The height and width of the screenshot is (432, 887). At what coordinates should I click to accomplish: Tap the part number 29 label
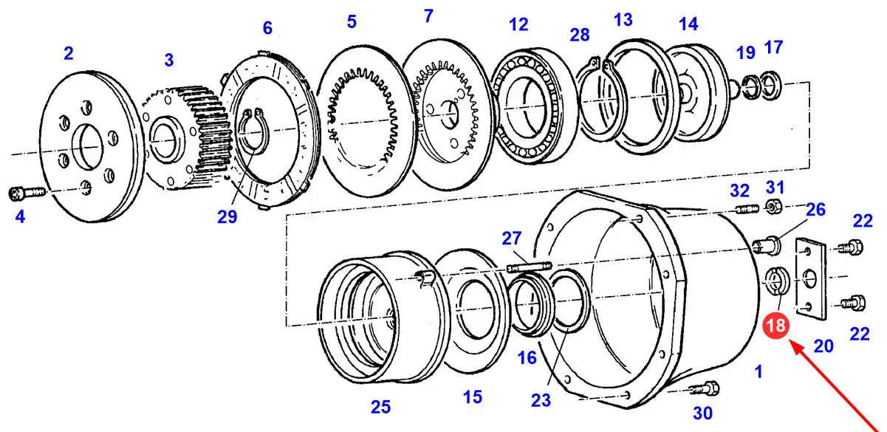(x=227, y=217)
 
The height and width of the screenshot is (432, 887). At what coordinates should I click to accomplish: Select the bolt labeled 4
(x=25, y=193)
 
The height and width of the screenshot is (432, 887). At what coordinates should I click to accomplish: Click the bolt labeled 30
(x=708, y=386)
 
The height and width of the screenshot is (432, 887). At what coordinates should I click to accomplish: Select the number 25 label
(x=380, y=407)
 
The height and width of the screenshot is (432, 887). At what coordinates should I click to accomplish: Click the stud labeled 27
(x=529, y=264)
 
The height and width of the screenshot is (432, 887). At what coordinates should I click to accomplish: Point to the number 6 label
(x=267, y=28)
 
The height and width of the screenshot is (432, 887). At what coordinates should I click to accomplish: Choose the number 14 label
(x=688, y=24)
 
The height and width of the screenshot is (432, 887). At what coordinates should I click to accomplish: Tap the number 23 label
(x=541, y=400)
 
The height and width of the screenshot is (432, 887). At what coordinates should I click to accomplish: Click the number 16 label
(x=527, y=358)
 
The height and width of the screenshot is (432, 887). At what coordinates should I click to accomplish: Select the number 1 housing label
(x=758, y=372)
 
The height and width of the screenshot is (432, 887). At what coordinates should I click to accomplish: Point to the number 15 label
(x=473, y=397)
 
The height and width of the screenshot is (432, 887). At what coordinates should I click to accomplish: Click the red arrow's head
(x=792, y=343)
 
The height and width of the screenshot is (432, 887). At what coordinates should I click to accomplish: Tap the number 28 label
(x=580, y=34)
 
